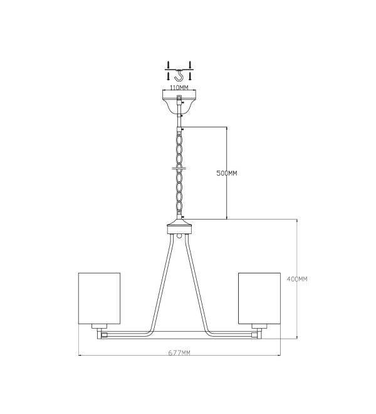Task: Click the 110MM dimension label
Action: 179,87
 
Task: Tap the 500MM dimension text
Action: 227,173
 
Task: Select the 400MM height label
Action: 297,279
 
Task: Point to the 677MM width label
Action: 179,353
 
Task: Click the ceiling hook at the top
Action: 179,75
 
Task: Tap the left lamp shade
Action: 99,299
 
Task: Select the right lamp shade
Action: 259,299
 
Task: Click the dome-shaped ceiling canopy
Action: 179,102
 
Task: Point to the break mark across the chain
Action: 179,167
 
